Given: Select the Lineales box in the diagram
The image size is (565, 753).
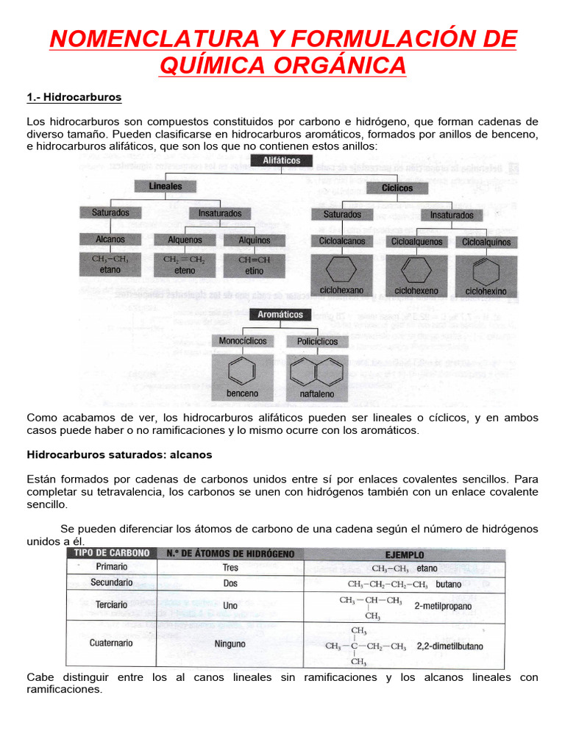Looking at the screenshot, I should (165, 187).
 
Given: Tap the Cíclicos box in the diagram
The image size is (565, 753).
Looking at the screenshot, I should (397, 188).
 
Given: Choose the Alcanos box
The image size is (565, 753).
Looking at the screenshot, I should (110, 240).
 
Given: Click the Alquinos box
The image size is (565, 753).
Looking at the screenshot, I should (255, 240).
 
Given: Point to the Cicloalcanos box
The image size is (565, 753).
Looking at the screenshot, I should (341, 241).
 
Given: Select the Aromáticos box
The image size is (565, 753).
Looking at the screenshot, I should (280, 315).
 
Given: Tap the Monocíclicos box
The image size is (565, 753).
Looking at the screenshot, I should (243, 341).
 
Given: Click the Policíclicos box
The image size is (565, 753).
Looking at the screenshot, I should (317, 342).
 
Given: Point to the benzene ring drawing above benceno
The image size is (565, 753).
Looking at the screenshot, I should (243, 371).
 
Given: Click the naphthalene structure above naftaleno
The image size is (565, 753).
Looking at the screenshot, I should (317, 371).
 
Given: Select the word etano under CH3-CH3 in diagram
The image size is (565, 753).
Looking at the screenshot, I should (110, 271).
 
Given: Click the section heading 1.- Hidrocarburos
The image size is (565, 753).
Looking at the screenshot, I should (74, 97).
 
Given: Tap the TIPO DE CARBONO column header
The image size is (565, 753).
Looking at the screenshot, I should (110, 553).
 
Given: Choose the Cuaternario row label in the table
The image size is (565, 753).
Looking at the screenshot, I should (111, 643).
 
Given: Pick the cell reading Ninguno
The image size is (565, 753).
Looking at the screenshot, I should (230, 643).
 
